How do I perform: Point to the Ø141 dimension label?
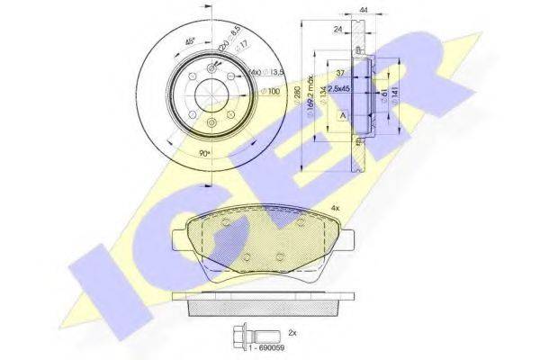tap(393, 94)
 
